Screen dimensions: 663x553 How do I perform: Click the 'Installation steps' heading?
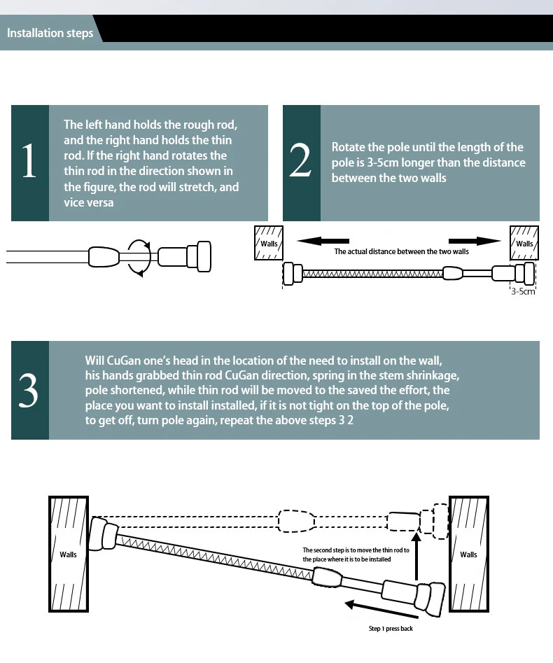click(50, 33)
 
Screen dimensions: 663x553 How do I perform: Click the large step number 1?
click(29, 162)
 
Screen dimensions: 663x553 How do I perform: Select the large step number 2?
click(300, 162)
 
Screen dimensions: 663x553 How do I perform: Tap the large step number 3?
click(29, 391)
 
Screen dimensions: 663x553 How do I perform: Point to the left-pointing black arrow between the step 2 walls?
click(323, 241)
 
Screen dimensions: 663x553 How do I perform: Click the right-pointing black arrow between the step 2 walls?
click(475, 241)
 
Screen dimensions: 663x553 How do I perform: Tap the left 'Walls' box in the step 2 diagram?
click(269, 243)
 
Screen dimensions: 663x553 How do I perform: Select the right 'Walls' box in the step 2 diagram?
click(524, 243)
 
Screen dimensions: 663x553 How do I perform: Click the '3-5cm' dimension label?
click(522, 291)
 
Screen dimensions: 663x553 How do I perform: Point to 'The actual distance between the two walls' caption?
click(401, 251)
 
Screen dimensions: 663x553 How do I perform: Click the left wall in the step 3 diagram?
click(68, 554)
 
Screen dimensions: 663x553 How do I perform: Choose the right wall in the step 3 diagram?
click(468, 554)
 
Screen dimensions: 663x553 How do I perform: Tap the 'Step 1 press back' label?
click(391, 629)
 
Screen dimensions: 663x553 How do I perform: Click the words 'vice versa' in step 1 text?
click(89, 202)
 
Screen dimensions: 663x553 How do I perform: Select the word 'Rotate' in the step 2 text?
click(348, 147)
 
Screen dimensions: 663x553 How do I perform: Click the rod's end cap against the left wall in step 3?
click(105, 533)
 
